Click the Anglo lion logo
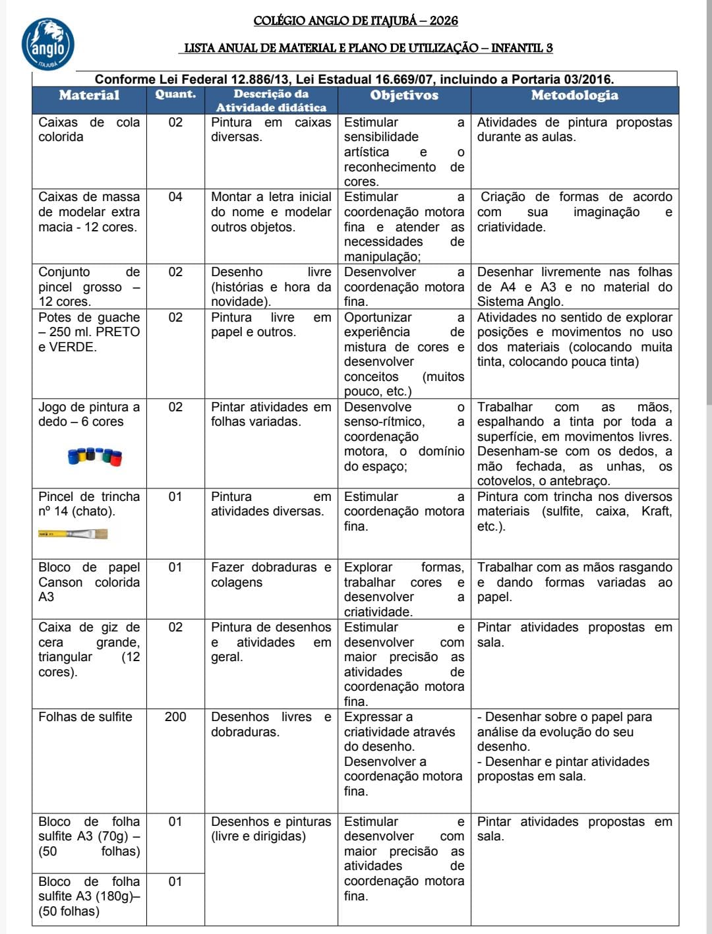point(47,44)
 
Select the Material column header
point(89,95)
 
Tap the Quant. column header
point(175,94)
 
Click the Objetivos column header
point(404,95)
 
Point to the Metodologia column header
point(574,95)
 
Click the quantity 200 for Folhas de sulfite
point(175,717)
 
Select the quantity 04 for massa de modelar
point(175,197)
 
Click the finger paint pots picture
point(95,455)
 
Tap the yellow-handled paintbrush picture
point(73,534)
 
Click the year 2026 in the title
point(443,20)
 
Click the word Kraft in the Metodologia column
point(657,511)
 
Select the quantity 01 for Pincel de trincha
point(175,497)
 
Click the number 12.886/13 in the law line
point(257,80)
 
